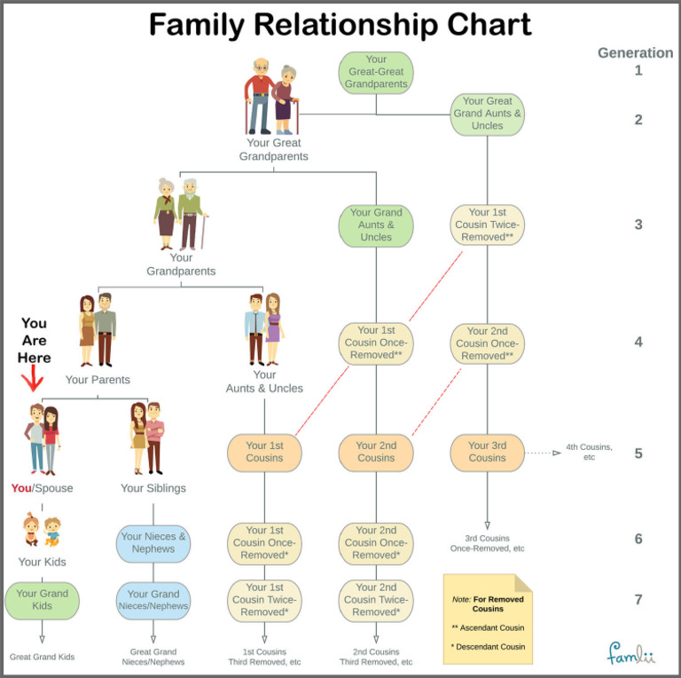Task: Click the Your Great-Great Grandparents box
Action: (376, 73)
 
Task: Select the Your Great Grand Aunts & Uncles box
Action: (487, 114)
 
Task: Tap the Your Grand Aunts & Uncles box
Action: (376, 225)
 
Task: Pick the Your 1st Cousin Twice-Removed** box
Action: (487, 225)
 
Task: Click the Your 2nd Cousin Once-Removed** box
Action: (487, 343)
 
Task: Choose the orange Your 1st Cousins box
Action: (264, 452)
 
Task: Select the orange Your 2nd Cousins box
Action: (376, 452)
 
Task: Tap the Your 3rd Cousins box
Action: (487, 452)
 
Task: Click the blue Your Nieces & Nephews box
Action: (153, 542)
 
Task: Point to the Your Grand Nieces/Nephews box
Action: (153, 600)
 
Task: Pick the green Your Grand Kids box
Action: (42, 600)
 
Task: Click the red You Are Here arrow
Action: (34, 382)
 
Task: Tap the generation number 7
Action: (638, 600)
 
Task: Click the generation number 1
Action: (638, 71)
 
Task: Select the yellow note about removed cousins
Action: (487, 619)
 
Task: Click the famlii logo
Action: (630, 654)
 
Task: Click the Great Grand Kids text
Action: (42, 658)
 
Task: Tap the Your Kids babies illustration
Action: (42, 530)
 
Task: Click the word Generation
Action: (635, 52)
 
